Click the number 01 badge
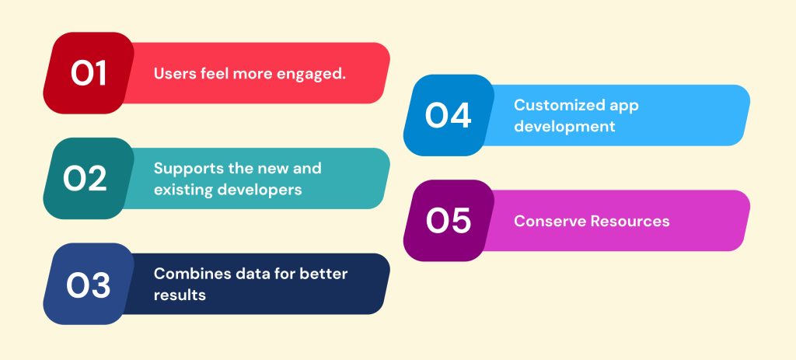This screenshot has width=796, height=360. coord(89,73)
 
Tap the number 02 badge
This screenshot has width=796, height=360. coord(89,178)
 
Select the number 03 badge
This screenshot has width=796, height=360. coord(89,284)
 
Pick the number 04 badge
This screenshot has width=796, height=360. coord(449,115)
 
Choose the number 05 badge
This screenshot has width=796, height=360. coord(449,221)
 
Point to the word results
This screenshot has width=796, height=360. coord(180,295)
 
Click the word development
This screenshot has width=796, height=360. coord(564,127)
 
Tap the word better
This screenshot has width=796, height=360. coord(323,274)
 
